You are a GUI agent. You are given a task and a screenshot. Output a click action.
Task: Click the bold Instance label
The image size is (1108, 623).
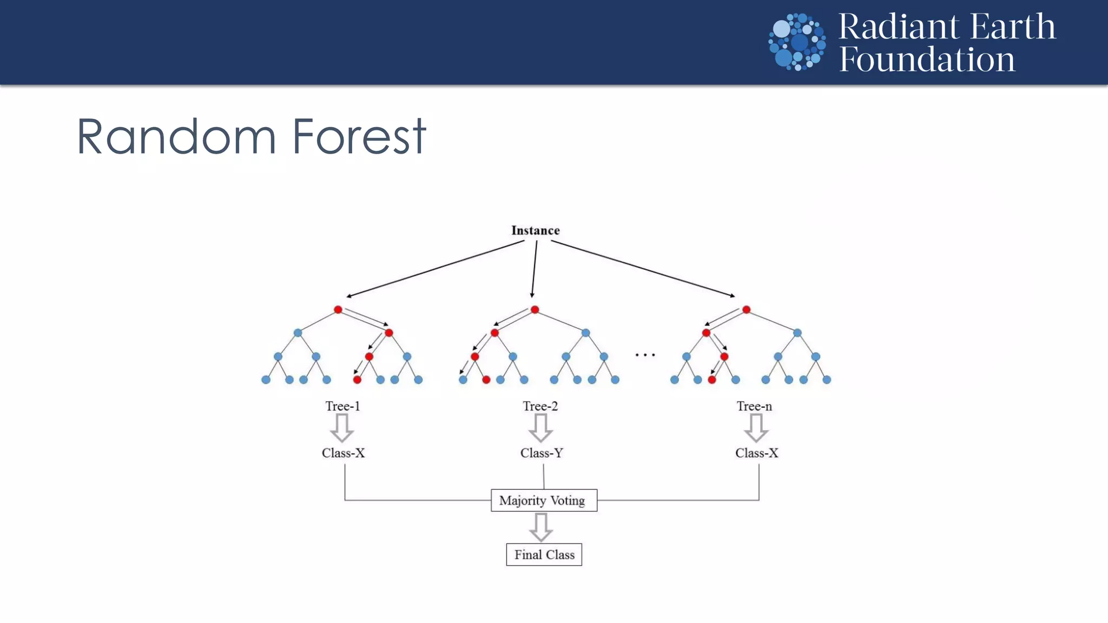pyautogui.click(x=536, y=230)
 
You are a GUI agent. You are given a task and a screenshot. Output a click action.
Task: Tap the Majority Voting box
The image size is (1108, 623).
pyautogui.click(x=544, y=500)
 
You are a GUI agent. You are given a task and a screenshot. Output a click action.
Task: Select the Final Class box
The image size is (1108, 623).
pyautogui.click(x=544, y=554)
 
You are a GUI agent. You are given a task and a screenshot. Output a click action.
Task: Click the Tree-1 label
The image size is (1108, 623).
pyautogui.click(x=342, y=406)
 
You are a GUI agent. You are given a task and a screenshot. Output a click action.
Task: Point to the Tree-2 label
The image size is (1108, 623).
pyautogui.click(x=540, y=406)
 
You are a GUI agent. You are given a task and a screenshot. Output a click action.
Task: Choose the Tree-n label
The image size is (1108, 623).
pyautogui.click(x=754, y=406)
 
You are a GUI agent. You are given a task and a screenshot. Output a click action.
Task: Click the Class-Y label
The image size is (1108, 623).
pyautogui.click(x=542, y=453)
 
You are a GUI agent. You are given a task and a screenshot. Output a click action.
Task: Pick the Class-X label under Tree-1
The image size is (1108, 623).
pyautogui.click(x=344, y=453)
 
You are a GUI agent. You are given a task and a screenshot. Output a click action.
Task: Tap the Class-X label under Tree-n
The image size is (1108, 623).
pyautogui.click(x=756, y=453)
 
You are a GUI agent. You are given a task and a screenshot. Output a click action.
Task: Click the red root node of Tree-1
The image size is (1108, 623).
pyautogui.click(x=338, y=310)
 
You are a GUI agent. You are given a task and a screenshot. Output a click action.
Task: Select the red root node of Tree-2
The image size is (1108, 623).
pyautogui.click(x=535, y=310)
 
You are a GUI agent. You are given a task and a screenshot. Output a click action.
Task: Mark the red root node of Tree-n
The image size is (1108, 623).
pyautogui.click(x=746, y=310)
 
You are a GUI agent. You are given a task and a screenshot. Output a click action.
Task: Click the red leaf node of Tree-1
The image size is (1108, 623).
pyautogui.click(x=357, y=380)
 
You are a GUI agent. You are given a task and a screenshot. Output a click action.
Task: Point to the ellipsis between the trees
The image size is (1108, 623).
pyautogui.click(x=645, y=355)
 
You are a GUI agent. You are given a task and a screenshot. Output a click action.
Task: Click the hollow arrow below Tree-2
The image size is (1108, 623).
pyautogui.click(x=540, y=428)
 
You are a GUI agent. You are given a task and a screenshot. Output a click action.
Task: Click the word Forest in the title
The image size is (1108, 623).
pyautogui.click(x=359, y=137)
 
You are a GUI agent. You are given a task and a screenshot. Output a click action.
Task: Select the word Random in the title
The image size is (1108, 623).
pyautogui.click(x=176, y=137)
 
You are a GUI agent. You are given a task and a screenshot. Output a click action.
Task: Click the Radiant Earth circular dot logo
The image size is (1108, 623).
pyautogui.click(x=797, y=42)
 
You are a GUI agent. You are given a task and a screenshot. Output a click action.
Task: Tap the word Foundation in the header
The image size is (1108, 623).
pyautogui.click(x=927, y=59)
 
